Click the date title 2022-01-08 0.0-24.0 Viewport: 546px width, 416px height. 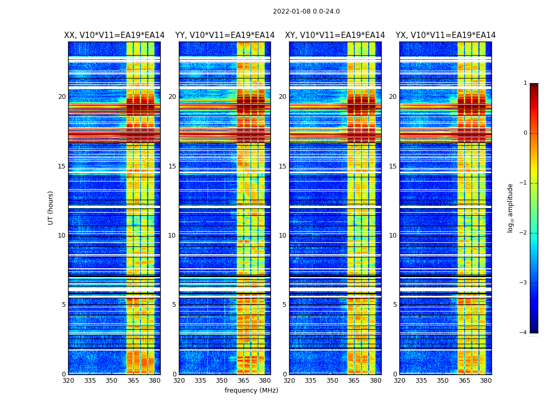click(306, 11)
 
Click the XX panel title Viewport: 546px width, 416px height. click(114, 35)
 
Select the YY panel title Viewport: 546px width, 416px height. click(225, 35)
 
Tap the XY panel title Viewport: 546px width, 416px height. click(335, 35)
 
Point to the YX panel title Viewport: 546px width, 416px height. click(446, 35)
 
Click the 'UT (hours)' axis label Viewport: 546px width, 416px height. click(51, 207)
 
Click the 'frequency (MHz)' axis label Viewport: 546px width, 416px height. click(251, 391)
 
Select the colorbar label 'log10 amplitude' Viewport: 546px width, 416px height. click(511, 207)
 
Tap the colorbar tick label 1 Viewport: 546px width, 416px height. click(525, 83)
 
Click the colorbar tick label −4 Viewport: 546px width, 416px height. click(523, 333)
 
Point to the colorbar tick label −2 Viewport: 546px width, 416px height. click(523, 233)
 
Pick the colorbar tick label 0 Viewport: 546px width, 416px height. click(525, 133)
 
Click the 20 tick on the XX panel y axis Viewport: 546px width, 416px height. click(62, 97)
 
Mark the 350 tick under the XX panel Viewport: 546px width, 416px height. click(111, 381)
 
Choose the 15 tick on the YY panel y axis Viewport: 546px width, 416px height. click(172, 166)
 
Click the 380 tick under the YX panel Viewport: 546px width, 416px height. click(486, 381)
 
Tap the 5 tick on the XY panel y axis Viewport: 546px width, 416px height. click(284, 305)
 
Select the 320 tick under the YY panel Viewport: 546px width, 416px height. click(179, 381)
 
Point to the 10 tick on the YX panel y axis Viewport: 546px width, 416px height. click(393, 236)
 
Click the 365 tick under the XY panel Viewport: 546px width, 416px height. click(354, 381)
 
